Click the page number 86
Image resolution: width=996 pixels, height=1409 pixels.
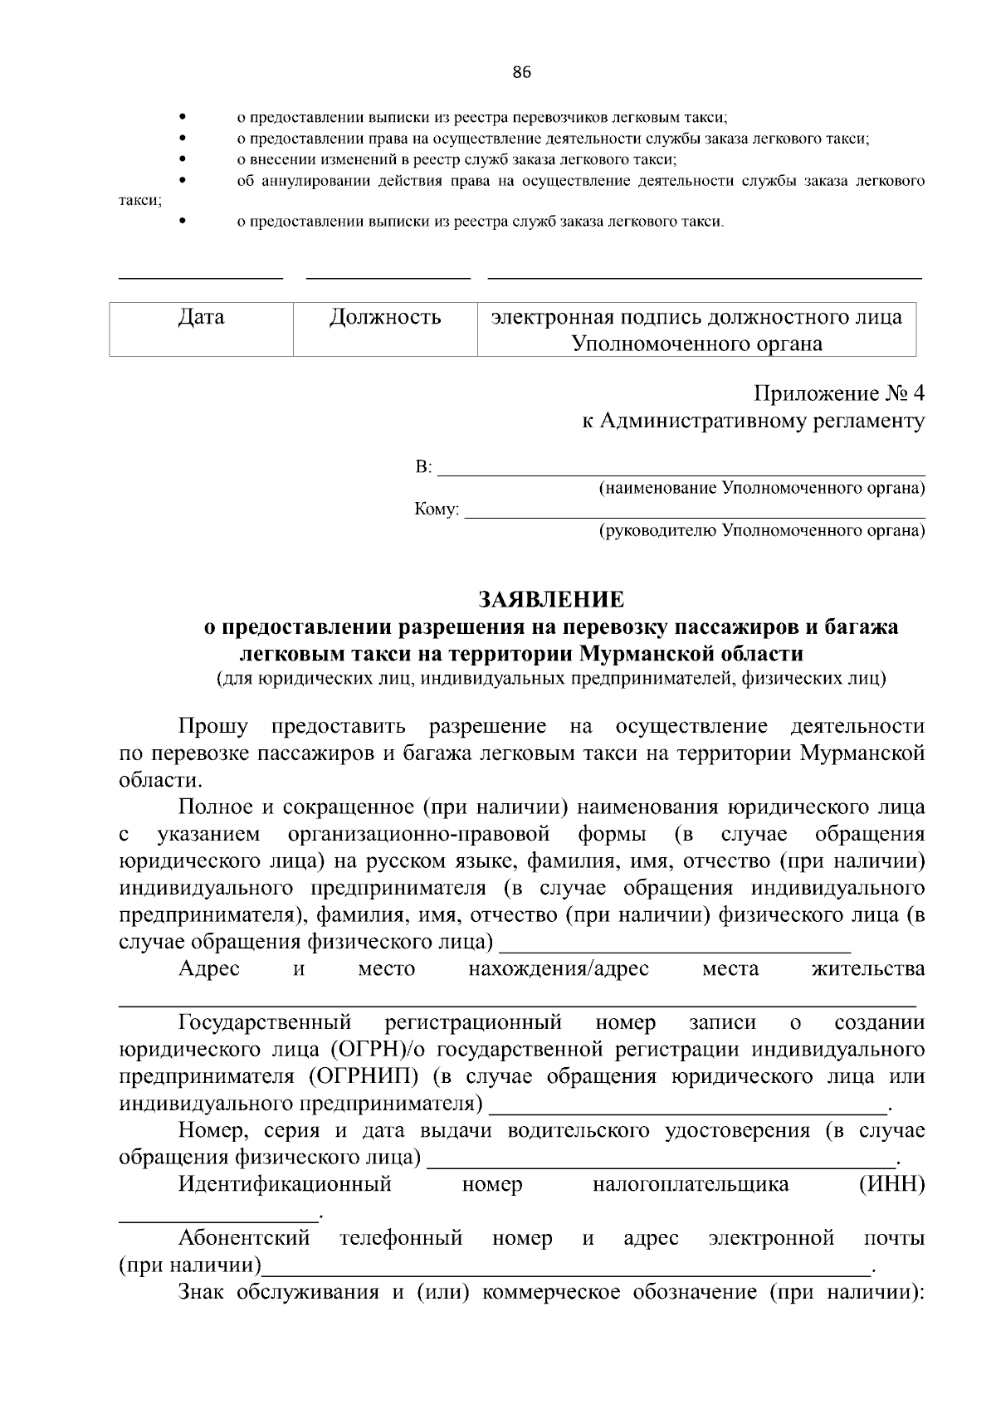click(x=521, y=72)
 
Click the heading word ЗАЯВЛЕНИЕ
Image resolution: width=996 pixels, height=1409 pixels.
click(x=551, y=599)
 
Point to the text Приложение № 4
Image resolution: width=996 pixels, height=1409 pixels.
click(x=838, y=392)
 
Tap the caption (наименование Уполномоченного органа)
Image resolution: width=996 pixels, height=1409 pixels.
click(x=762, y=489)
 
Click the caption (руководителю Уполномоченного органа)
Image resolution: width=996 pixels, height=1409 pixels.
click(x=762, y=530)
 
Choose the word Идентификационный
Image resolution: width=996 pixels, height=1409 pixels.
click(x=285, y=1184)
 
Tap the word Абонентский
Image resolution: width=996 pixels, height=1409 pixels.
click(x=244, y=1239)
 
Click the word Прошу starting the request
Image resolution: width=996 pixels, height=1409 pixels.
click(x=213, y=727)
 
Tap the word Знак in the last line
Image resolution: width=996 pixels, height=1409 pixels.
click(x=203, y=1293)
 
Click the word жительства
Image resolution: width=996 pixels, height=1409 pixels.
click(x=868, y=969)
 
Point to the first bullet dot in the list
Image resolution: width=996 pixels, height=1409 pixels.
click(x=182, y=118)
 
